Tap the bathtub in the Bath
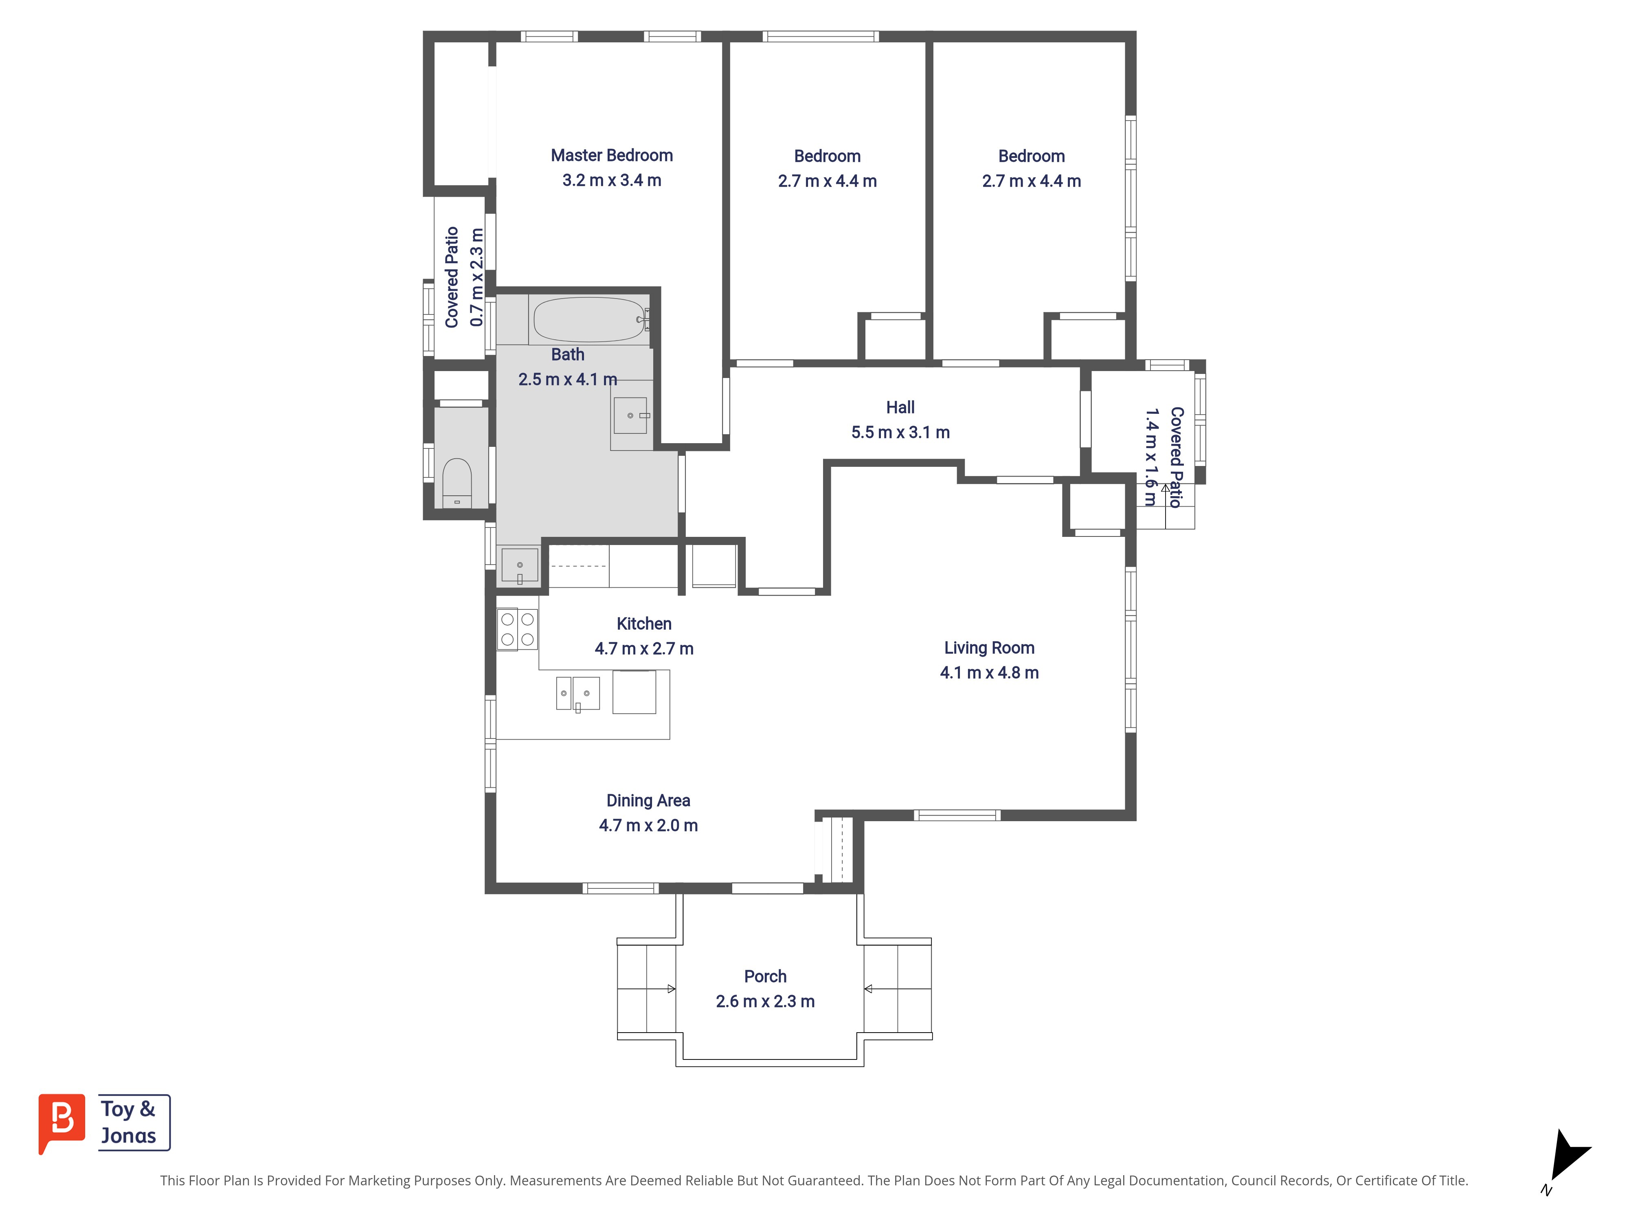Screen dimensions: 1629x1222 (589, 320)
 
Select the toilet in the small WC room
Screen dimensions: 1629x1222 (457, 482)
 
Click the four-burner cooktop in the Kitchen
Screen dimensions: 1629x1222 (517, 629)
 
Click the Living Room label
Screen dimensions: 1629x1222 (989, 648)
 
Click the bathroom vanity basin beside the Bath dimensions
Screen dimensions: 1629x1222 (630, 415)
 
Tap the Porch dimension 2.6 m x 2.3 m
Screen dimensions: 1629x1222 (765, 1001)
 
